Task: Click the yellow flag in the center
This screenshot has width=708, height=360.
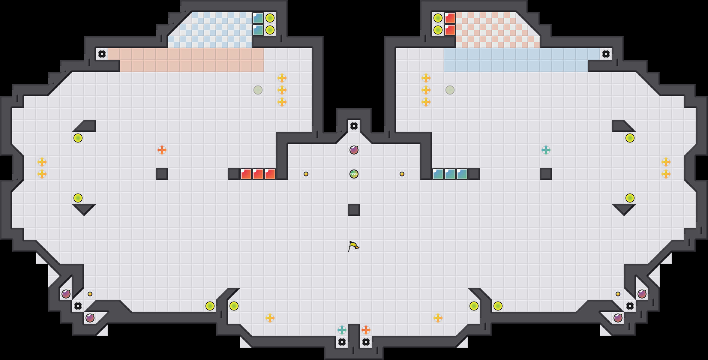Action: pos(354,246)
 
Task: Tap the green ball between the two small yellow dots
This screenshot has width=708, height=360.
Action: pos(354,174)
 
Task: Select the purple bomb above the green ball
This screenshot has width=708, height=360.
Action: pos(354,150)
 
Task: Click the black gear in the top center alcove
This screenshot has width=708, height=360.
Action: pos(354,126)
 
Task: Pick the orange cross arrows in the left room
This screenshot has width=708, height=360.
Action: pos(162,150)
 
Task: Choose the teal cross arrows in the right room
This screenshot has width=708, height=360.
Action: pos(546,150)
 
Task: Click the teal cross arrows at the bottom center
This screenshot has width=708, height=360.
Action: pos(342,330)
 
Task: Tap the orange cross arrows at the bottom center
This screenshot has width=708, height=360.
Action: pos(366,330)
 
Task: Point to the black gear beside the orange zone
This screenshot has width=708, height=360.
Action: pos(102,54)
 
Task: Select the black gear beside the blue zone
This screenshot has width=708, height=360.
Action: pos(606,54)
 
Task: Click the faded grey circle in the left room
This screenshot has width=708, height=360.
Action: pos(258,90)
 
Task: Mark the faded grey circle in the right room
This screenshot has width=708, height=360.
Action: pos(450,90)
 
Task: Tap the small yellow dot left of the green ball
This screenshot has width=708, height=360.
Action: pos(306,174)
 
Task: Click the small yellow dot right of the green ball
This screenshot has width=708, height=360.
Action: pos(402,174)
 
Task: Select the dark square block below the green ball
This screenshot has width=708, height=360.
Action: pos(354,210)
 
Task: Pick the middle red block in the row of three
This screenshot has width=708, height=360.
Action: pos(258,174)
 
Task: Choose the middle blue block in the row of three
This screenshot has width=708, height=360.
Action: pos(450,174)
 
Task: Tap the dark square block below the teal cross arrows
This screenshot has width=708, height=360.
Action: pos(546,174)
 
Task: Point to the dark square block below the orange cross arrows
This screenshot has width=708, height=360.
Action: pos(162,174)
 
